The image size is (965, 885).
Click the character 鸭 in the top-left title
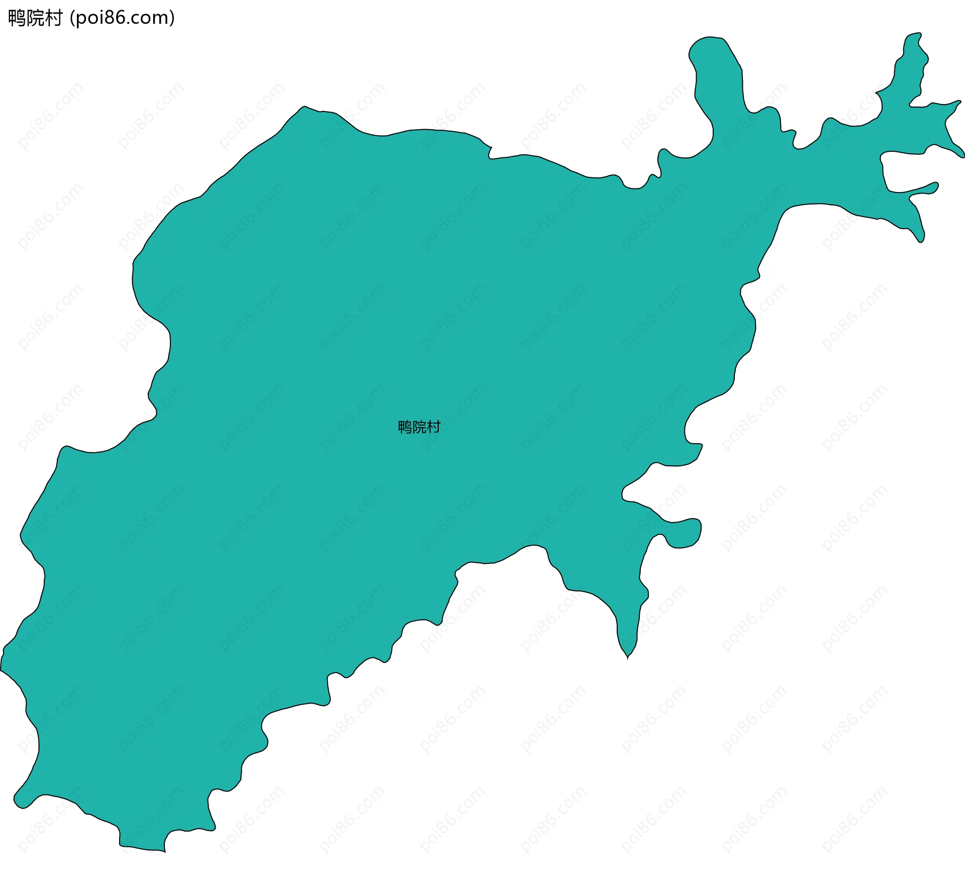pos(17,18)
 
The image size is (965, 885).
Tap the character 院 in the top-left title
pos(35,18)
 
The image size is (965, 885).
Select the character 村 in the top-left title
pos(53,18)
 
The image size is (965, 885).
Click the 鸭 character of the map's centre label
pos(405,427)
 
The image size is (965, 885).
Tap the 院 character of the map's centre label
pos(419,427)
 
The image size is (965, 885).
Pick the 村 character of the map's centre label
pos(434,427)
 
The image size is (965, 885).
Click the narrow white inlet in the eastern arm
pos(905,171)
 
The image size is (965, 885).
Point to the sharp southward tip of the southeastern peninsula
pos(628,655)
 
